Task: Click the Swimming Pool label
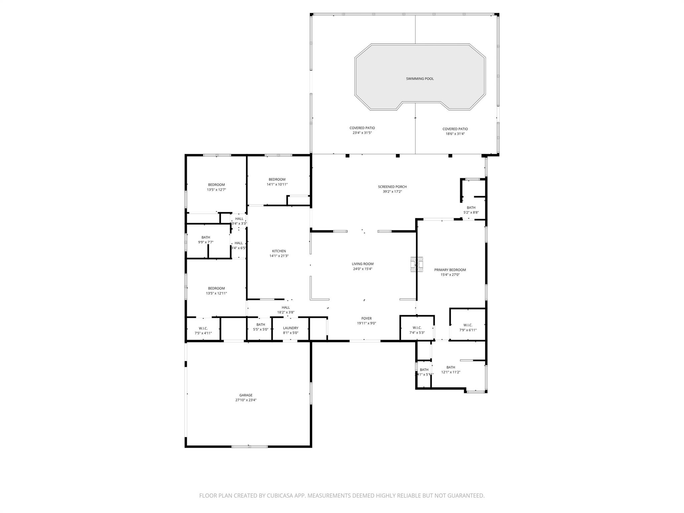click(x=419, y=79)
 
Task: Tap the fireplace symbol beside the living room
click(x=416, y=264)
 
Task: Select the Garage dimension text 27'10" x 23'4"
click(x=246, y=400)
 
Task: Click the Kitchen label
click(x=279, y=251)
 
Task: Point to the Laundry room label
click(x=291, y=328)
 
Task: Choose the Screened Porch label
click(x=392, y=187)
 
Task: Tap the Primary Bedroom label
click(x=450, y=270)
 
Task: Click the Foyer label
click(x=366, y=318)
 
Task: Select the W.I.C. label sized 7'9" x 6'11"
click(x=468, y=325)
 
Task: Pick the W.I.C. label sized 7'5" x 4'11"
click(x=203, y=328)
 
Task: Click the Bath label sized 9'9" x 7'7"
click(x=206, y=237)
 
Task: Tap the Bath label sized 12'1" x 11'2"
click(x=451, y=367)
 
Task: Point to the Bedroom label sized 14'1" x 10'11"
click(x=277, y=179)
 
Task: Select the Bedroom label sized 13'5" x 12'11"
click(x=216, y=288)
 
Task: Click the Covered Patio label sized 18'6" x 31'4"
click(x=455, y=129)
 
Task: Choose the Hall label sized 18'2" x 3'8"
click(x=286, y=308)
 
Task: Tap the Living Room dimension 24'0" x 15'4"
click(x=362, y=269)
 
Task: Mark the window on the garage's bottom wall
click(x=249, y=446)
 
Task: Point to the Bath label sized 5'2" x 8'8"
click(x=471, y=208)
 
